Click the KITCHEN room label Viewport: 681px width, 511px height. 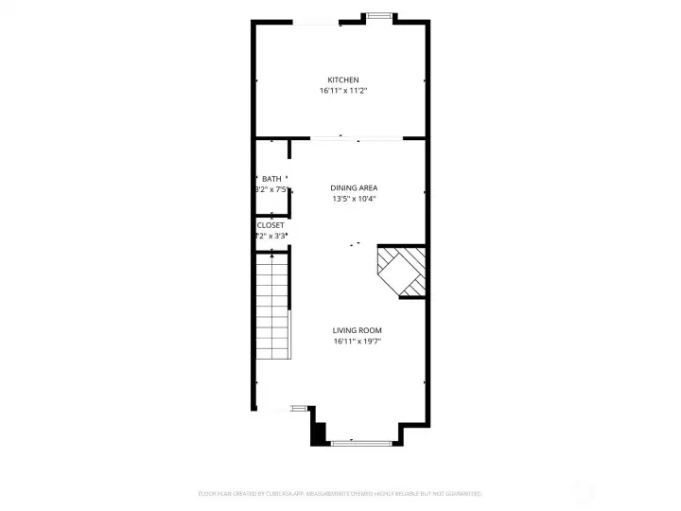click(x=342, y=79)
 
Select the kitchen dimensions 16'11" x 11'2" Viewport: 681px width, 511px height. click(x=342, y=91)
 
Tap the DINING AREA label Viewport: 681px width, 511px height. click(x=354, y=187)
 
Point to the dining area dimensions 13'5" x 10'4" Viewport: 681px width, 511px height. click(x=354, y=199)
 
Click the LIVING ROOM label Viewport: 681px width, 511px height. click(x=357, y=330)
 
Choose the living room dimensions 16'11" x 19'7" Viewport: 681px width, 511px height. click(x=357, y=342)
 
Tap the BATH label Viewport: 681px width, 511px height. click(x=271, y=179)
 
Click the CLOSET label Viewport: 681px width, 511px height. click(x=271, y=225)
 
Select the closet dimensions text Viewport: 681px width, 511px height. click(x=271, y=236)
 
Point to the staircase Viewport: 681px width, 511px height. click(x=272, y=303)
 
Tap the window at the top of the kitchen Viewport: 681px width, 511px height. click(x=379, y=14)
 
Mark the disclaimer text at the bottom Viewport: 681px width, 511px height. click(x=340, y=493)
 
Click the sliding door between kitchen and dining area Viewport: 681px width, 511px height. click(x=355, y=139)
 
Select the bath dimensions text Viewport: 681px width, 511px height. click(x=271, y=189)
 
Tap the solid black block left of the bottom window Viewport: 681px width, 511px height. click(x=320, y=432)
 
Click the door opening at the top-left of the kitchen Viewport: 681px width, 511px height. click(x=316, y=23)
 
